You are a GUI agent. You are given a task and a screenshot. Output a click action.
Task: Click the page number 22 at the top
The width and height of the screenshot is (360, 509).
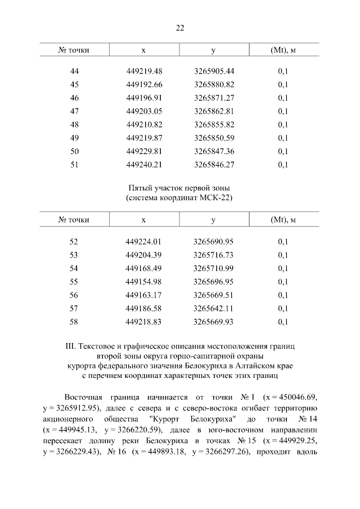(x=180, y=27)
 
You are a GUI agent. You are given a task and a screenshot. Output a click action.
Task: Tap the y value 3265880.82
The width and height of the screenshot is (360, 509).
(x=214, y=84)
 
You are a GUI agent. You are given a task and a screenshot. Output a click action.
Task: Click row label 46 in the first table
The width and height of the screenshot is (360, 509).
(x=74, y=98)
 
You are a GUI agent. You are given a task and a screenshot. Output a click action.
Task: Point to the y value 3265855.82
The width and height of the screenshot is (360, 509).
(x=214, y=124)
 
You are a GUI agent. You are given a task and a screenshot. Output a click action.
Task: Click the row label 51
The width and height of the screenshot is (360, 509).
(x=74, y=165)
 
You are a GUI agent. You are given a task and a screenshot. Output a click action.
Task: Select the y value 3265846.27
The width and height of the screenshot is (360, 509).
(x=214, y=165)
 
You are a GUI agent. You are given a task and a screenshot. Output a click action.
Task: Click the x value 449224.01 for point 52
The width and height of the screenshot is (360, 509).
(x=144, y=242)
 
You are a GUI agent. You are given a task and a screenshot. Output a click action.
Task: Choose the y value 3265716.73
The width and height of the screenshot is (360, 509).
(x=214, y=255)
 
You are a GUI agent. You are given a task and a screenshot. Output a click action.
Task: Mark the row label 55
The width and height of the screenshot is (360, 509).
(x=74, y=282)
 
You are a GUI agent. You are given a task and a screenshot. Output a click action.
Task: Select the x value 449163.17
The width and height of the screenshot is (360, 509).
(x=144, y=295)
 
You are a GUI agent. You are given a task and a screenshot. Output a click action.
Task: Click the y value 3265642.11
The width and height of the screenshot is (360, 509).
(x=214, y=309)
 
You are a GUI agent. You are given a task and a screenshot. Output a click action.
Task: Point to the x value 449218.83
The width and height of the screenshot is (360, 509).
(x=144, y=322)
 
